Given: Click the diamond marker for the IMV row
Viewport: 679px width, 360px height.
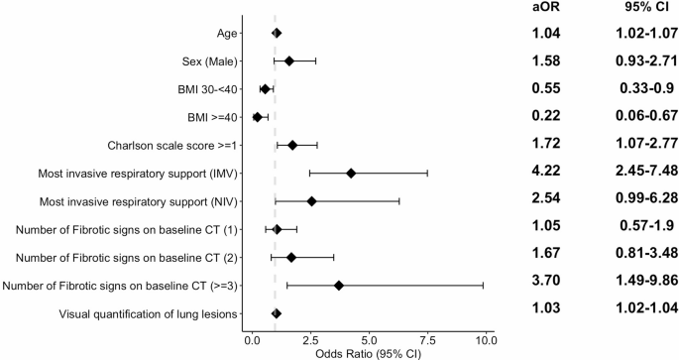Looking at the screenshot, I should coord(351,173).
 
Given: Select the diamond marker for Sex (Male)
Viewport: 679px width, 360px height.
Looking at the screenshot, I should coord(289,60).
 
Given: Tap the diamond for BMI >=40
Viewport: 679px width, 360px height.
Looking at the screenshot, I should coord(258,117).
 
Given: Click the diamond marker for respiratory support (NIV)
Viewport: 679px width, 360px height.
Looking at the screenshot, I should coord(311,201).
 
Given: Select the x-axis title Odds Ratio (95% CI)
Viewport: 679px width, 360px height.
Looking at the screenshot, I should coord(369,352).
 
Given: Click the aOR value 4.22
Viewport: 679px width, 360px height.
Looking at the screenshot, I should coord(549,171).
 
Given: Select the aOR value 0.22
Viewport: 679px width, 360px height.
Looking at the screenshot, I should coord(549,115).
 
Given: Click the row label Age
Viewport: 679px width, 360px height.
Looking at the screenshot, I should coord(226,33).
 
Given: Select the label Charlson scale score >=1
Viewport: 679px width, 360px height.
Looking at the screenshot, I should coord(173,145).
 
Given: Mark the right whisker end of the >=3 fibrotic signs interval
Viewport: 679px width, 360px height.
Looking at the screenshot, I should coord(483,286).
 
